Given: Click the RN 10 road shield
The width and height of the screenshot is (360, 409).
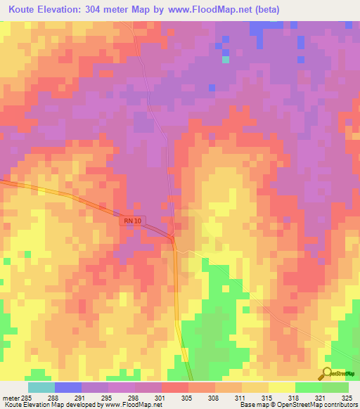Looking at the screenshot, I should pyautogui.click(x=134, y=220).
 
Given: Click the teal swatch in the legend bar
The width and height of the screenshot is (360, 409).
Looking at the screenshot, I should pyautogui.click(x=41, y=387).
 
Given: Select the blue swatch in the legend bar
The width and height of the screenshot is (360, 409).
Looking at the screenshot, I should pyautogui.click(x=68, y=387).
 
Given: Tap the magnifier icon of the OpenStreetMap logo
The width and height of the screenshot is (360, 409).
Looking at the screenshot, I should pyautogui.click(x=326, y=373).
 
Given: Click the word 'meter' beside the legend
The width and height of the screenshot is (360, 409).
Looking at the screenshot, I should pyautogui.click(x=10, y=397).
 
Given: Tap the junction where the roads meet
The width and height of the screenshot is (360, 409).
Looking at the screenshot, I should pyautogui.click(x=173, y=240).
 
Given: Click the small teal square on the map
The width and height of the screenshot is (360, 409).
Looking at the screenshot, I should pyautogui.click(x=226, y=59).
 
